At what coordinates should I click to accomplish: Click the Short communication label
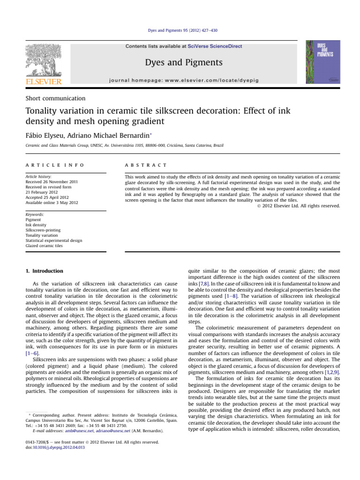tap(55, 98)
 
